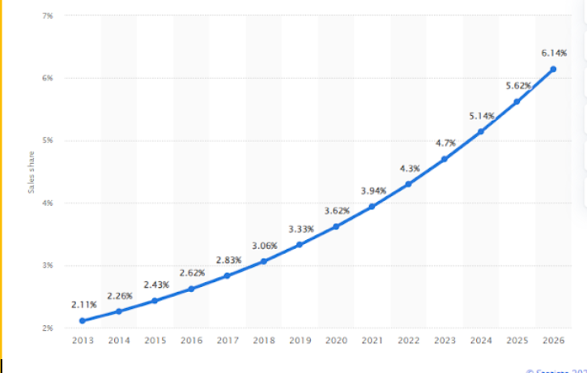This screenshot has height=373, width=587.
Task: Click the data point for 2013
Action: coord(83,321)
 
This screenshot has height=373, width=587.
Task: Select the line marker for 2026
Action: coord(553,70)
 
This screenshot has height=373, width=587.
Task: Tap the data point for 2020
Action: coord(335,226)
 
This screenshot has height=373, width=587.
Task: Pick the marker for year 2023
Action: coord(445,159)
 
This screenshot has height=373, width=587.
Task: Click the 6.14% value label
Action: coord(553,54)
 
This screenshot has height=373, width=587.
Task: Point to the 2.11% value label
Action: coord(83,304)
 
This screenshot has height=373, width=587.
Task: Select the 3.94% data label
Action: coord(373,191)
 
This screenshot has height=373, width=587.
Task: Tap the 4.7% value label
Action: coord(445,143)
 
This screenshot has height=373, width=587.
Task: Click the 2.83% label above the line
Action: coord(228,259)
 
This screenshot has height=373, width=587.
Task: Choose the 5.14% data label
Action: coord(481,116)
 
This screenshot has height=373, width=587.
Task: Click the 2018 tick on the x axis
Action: coord(263,341)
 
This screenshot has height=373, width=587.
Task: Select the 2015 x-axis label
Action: coord(155,341)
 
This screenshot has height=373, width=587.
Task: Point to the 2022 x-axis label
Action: coord(408,341)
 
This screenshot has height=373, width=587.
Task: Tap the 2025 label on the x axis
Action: coord(517,341)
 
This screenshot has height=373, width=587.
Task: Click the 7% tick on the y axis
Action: coord(49,16)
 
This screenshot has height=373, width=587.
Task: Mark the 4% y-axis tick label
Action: coord(49,204)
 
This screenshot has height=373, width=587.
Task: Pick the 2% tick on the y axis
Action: coord(49,328)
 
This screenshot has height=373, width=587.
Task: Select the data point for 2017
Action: coord(227,276)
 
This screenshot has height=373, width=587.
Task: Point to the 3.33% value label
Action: coord(300,229)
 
